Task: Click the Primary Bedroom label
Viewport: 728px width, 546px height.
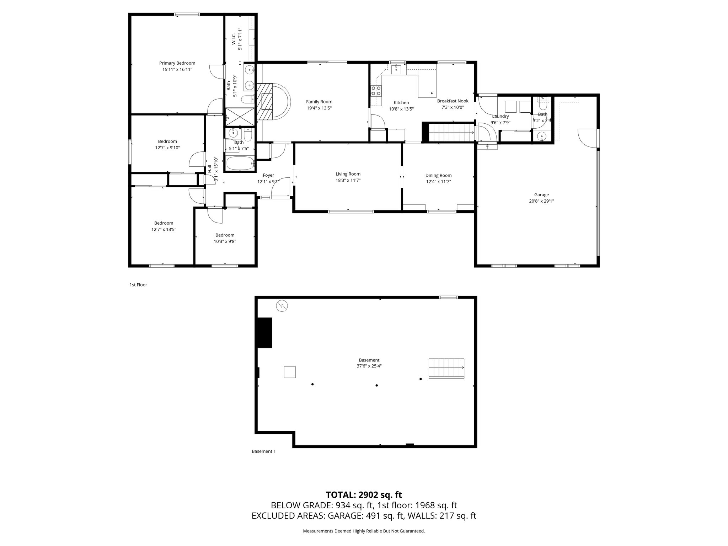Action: (x=177, y=63)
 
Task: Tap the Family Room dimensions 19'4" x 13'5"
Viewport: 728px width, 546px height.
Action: (x=319, y=108)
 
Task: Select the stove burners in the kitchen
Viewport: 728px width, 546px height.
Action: (x=376, y=91)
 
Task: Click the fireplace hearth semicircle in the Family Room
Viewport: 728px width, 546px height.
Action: (x=280, y=102)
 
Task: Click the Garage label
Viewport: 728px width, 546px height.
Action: (x=541, y=195)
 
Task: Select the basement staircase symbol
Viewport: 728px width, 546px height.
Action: (x=446, y=368)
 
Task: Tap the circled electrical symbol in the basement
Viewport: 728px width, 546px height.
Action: (x=282, y=305)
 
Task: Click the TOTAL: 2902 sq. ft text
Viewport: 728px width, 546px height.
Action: (x=364, y=495)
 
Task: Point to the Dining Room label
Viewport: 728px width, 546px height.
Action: (x=438, y=176)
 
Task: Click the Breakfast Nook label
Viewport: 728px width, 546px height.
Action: (x=453, y=101)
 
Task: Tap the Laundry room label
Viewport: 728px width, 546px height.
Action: (x=500, y=116)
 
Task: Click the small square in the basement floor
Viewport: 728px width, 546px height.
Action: (x=290, y=372)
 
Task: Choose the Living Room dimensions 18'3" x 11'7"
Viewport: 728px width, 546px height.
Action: (x=348, y=181)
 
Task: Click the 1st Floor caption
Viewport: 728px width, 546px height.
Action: (x=138, y=285)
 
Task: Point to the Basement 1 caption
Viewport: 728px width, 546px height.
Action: (x=263, y=451)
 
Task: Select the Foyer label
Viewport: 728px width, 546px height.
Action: (x=268, y=175)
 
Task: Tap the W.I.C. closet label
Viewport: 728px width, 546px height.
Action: (x=234, y=39)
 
